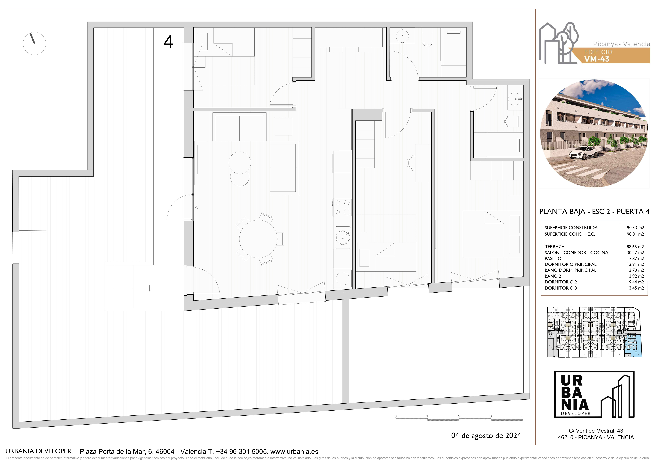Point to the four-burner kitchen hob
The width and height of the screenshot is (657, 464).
pyautogui.click(x=342, y=207)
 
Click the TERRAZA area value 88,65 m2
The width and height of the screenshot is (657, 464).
pyautogui.click(x=635, y=246)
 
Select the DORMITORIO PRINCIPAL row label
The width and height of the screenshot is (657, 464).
pyautogui.click(x=571, y=264)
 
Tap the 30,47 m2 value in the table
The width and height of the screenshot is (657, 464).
pyautogui.click(x=635, y=253)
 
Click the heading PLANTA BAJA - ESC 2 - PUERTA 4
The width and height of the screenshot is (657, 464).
pyautogui.click(x=594, y=211)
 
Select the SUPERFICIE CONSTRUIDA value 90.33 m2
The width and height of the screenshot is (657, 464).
pyautogui.click(x=635, y=228)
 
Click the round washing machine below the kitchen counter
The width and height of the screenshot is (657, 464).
pyautogui.click(x=342, y=278)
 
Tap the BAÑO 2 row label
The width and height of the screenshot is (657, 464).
pyautogui.click(x=553, y=276)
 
